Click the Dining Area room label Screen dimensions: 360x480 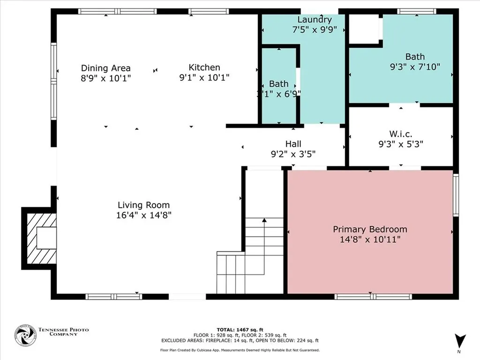(x=105, y=68)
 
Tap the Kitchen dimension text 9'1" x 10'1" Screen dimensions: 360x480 (x=204, y=78)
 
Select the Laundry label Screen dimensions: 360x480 (x=315, y=20)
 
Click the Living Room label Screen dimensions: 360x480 (x=143, y=205)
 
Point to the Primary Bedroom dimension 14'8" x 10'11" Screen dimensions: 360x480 (x=370, y=240)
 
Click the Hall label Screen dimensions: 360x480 (x=293, y=143)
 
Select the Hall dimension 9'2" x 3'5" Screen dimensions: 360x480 (x=293, y=153)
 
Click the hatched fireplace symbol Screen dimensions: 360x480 (x=40, y=238)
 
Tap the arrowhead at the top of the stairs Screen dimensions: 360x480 (x=264, y=219)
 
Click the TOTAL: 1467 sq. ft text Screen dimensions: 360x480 (x=240, y=329)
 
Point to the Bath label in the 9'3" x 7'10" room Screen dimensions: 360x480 (x=415, y=57)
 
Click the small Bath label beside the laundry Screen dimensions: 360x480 (x=278, y=83)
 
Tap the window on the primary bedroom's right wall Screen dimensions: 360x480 (x=455, y=195)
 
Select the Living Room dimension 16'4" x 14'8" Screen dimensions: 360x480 (x=143, y=215)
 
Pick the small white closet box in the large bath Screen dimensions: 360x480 (x=364, y=29)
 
